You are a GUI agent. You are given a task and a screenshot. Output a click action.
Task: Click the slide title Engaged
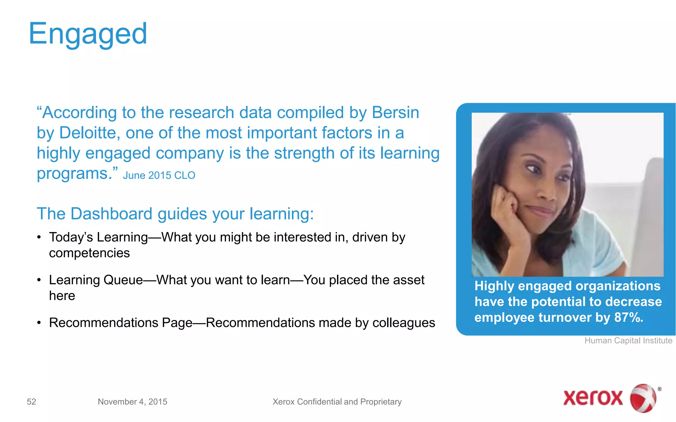(87, 34)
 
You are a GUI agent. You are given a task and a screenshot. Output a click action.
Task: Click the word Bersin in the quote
(395, 113)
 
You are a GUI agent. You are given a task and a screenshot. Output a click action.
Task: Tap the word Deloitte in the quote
(87, 133)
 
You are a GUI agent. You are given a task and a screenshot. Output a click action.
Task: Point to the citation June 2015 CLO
(159, 175)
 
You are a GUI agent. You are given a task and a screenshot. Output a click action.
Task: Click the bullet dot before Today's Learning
(39, 237)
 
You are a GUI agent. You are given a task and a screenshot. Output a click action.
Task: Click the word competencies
(89, 253)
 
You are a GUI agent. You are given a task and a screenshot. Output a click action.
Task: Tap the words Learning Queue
(96, 280)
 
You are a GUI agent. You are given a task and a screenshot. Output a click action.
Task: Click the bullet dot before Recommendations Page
(39, 323)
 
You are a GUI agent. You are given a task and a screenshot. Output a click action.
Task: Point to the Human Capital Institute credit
(628, 341)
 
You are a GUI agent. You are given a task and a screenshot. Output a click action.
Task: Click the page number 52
(31, 402)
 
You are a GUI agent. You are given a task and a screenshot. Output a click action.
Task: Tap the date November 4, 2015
(132, 402)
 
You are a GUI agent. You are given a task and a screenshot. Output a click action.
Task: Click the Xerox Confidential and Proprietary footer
(337, 402)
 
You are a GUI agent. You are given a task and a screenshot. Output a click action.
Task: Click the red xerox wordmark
(592, 398)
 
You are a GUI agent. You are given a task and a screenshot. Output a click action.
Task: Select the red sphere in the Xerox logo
(643, 398)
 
